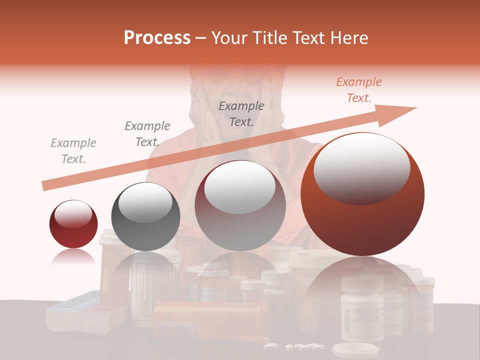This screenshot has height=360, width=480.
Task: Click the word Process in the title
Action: [157, 38]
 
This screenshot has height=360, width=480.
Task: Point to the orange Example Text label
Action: [358, 90]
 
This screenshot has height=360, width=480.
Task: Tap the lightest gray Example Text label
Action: [73, 151]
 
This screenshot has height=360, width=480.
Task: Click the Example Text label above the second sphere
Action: [147, 133]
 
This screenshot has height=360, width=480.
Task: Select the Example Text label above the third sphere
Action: [241, 113]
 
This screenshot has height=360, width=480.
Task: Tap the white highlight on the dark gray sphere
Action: [145, 202]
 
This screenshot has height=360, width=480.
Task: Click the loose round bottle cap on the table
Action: [345, 348]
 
